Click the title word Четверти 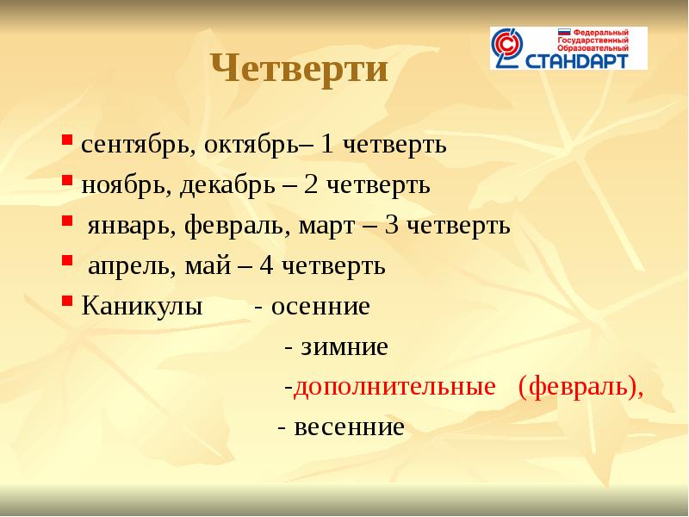(x=300, y=70)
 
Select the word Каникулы (x=142, y=307)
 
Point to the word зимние (x=344, y=347)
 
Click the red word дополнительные (x=394, y=388)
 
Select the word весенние (x=349, y=427)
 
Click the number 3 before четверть (x=392, y=227)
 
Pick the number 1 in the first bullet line (x=328, y=145)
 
